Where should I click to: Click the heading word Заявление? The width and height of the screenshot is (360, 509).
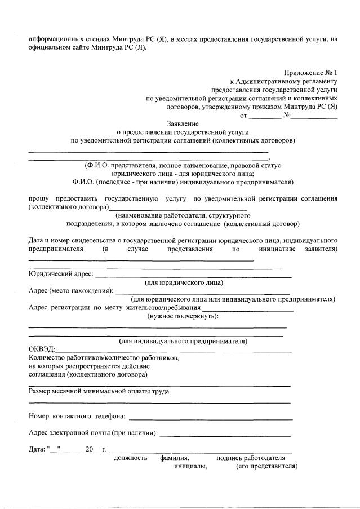pos(183,123)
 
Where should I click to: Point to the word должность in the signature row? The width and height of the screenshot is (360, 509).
pos(131,458)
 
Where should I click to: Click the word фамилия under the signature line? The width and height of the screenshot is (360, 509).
pos(174,458)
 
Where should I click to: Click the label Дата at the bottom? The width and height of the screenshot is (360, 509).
pos(37,449)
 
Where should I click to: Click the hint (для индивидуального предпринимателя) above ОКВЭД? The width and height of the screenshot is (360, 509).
pos(183,341)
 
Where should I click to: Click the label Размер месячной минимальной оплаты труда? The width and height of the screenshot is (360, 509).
pos(99,391)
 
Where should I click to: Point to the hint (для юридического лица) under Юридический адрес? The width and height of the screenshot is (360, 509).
pos(184,282)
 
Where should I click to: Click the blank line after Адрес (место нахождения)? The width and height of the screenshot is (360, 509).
pos(203,293)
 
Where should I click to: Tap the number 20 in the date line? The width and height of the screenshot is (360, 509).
pos(88,449)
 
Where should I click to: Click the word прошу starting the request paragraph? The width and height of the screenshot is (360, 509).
pos(38,198)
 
